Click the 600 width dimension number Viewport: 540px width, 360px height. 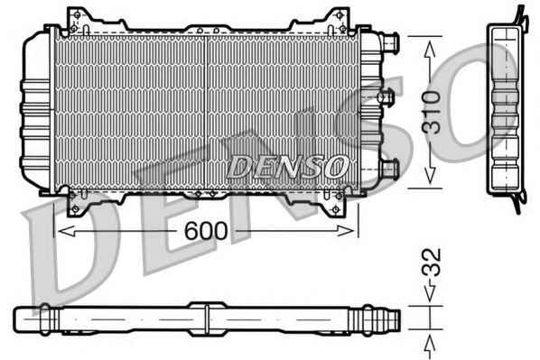[x=206, y=231]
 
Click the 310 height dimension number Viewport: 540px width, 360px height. [x=432, y=113]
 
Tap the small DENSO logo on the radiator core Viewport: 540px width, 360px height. [x=288, y=167]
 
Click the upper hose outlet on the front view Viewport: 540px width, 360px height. [x=390, y=42]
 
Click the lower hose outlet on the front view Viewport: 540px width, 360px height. [x=390, y=169]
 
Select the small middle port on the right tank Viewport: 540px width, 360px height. [x=386, y=97]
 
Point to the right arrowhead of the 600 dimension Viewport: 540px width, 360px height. [x=346, y=231]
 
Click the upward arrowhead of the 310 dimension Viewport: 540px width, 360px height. [x=430, y=48]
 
